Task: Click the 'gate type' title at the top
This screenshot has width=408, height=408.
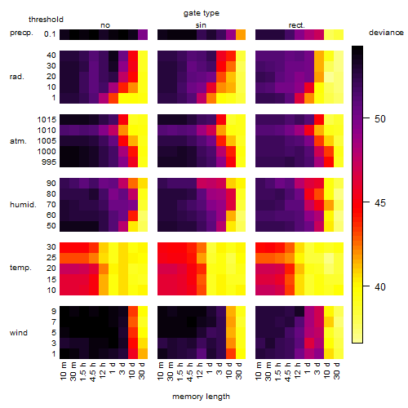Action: pyautogui.click(x=202, y=13)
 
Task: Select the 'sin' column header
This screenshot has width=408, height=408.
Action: pyautogui.click(x=201, y=25)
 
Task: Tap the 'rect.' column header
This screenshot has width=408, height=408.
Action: pyautogui.click(x=297, y=25)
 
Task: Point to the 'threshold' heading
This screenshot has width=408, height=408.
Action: pyautogui.click(x=46, y=20)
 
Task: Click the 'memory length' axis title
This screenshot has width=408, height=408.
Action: pyautogui.click(x=202, y=397)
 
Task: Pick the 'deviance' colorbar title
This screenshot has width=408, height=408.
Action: pyautogui.click(x=386, y=33)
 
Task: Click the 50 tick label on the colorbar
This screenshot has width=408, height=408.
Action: pyautogui.click(x=380, y=119)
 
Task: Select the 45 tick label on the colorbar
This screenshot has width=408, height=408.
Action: pyautogui.click(x=380, y=203)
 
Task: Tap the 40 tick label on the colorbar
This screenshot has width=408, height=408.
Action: pyautogui.click(x=380, y=287)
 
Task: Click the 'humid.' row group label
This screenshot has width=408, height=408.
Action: pyautogui.click(x=23, y=205)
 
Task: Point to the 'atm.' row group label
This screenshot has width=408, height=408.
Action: pyautogui.click(x=18, y=141)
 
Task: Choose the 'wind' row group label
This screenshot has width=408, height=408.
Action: pyautogui.click(x=19, y=333)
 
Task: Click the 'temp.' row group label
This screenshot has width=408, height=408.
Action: pyautogui.click(x=20, y=268)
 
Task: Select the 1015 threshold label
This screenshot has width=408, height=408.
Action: pyautogui.click(x=47, y=120)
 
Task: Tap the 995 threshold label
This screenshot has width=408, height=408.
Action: pyautogui.click(x=49, y=162)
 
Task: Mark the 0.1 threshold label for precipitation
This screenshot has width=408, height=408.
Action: pyautogui.click(x=50, y=34)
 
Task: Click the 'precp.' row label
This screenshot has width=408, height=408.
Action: pyautogui.click(x=21, y=33)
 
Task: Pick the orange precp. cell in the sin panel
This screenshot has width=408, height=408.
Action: pyautogui.click(x=241, y=35)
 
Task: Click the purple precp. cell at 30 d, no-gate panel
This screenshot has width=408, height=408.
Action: pyautogui.click(x=143, y=35)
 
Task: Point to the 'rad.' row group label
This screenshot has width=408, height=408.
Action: pyautogui.click(x=17, y=77)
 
